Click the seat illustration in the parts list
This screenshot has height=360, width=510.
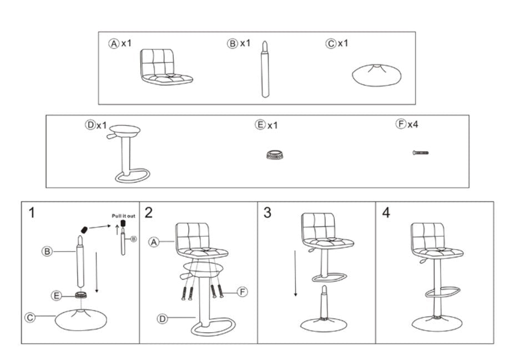(x=166, y=67)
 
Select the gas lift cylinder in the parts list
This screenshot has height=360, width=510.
(x=265, y=69)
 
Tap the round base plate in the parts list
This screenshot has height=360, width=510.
(x=376, y=75)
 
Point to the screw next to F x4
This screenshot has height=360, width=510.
(x=421, y=153)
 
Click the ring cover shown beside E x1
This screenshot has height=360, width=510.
(x=274, y=155)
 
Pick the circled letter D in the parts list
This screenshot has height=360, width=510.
(x=90, y=125)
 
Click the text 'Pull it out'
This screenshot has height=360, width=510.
(x=124, y=216)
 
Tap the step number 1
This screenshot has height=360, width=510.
(x=32, y=212)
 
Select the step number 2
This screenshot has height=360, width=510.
(x=148, y=212)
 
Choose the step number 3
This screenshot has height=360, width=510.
(x=267, y=212)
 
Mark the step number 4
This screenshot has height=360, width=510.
(x=386, y=212)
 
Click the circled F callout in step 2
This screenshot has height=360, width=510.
(x=243, y=292)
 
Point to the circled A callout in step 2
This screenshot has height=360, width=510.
(x=154, y=242)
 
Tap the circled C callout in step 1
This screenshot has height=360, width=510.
(x=30, y=317)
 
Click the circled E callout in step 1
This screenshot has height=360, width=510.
(x=57, y=296)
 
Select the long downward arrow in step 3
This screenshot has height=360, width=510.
(x=295, y=273)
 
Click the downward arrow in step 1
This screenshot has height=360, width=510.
(x=96, y=272)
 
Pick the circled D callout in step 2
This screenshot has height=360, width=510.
(x=162, y=319)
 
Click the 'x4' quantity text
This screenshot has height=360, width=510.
(x=413, y=124)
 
